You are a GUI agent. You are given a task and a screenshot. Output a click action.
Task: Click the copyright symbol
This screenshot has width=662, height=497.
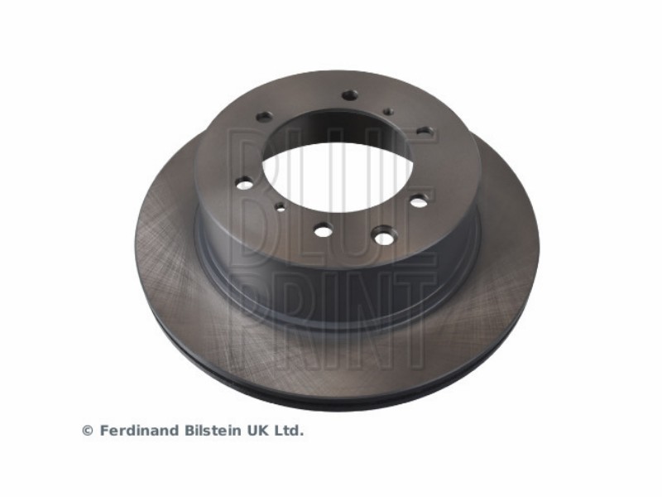(x=88, y=431)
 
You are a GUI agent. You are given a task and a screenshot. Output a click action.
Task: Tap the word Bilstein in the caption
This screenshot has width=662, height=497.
(x=214, y=431)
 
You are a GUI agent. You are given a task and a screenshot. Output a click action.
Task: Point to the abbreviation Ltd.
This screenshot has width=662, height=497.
(x=289, y=431)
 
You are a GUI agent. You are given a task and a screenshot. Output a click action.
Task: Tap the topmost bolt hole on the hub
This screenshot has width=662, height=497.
(x=349, y=95)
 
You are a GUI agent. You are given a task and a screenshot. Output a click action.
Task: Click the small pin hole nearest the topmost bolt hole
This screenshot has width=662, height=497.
(x=389, y=112)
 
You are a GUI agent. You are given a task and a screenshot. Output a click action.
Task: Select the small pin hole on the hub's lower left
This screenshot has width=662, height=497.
(x=280, y=206)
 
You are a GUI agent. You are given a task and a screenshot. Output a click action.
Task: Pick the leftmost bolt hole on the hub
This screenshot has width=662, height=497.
(x=244, y=184)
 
